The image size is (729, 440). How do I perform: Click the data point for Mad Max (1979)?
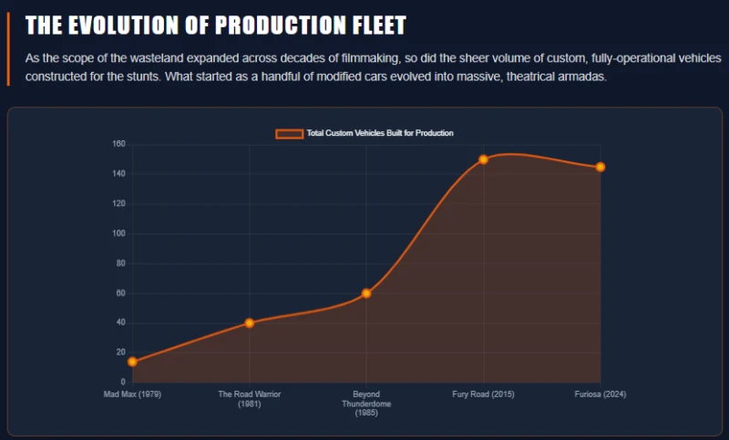[132, 362]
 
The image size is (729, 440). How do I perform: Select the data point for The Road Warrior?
[249, 322]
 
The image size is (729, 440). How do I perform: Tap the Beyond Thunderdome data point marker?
[366, 293]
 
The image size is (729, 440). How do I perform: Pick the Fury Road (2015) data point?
[483, 159]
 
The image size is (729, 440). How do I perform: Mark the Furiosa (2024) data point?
[601, 167]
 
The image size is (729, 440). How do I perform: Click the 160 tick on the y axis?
[118, 144]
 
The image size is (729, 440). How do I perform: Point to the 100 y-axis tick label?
[118, 233]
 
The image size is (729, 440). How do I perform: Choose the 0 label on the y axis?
[123, 382]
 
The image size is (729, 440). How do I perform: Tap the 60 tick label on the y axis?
[120, 293]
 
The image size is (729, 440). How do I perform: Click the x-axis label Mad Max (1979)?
[132, 394]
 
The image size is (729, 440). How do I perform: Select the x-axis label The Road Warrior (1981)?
[249, 399]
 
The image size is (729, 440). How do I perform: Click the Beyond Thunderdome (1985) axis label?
[366, 404]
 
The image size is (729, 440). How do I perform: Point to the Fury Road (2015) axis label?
[483, 394]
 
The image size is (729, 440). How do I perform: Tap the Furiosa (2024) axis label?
[601, 394]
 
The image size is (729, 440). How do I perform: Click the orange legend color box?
[289, 134]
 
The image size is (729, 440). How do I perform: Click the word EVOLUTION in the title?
[124, 26]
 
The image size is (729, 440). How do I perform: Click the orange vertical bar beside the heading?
[8, 49]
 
